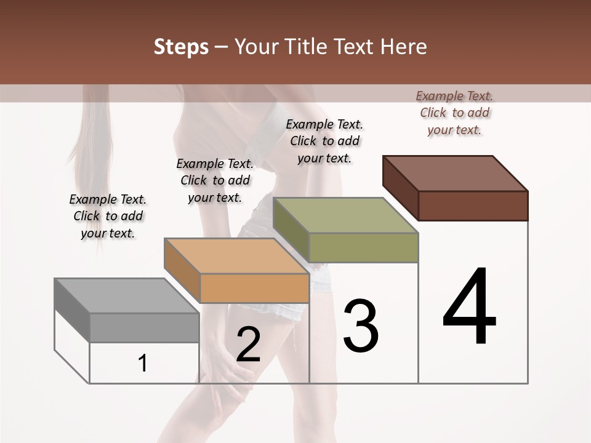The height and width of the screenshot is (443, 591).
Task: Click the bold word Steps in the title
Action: [x=181, y=47]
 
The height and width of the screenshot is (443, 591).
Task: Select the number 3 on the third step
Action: [x=361, y=326]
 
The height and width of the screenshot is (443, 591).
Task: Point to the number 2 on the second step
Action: [x=248, y=345]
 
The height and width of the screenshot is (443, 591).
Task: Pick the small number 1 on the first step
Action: [x=143, y=364]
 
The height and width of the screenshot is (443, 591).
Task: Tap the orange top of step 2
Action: [x=236, y=255]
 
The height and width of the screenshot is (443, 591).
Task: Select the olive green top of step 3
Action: [x=345, y=215]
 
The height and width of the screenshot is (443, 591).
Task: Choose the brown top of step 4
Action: [x=456, y=173]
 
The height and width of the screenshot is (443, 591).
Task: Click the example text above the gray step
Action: [x=108, y=216]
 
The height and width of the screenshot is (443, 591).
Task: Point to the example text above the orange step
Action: [x=215, y=180]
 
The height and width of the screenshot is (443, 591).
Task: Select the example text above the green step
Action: [x=324, y=141]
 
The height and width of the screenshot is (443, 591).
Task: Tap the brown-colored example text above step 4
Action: [x=454, y=113]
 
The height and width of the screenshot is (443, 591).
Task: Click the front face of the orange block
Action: [x=254, y=288]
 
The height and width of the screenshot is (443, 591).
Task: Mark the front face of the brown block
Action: [x=473, y=206]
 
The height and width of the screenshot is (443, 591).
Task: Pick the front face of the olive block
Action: [x=363, y=247]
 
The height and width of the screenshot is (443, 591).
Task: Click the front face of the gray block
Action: [x=144, y=327]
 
